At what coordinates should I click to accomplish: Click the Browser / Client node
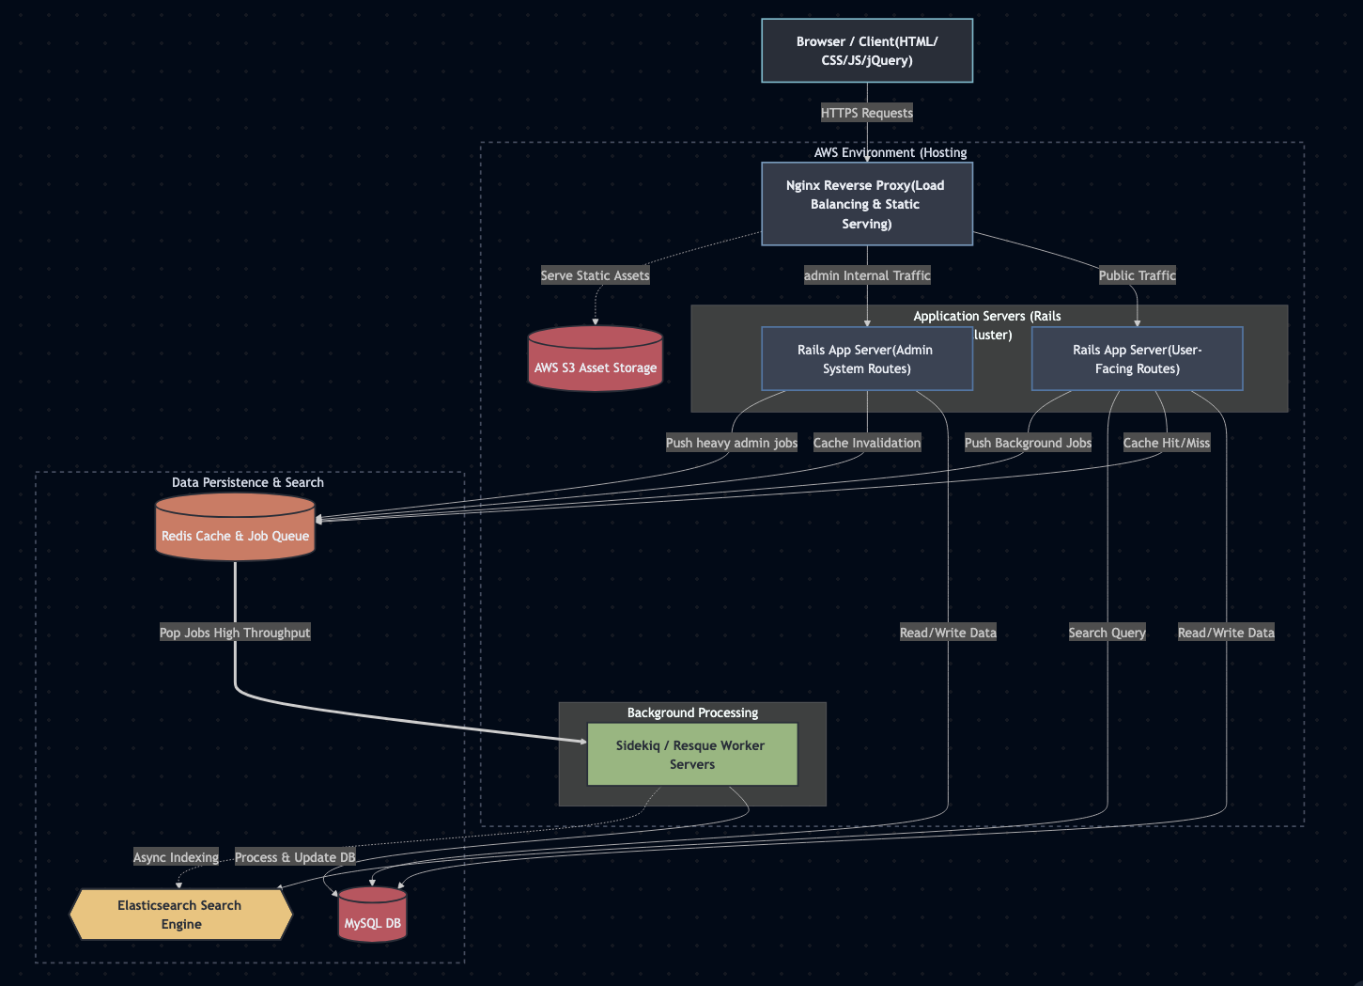pos(866,51)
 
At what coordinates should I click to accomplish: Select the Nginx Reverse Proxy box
pos(866,204)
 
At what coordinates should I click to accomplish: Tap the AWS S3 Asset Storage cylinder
pos(596,361)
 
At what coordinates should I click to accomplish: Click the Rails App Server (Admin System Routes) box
pos(866,359)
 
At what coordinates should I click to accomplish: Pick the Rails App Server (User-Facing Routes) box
pos(1137,359)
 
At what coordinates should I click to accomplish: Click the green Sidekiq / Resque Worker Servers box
pos(691,755)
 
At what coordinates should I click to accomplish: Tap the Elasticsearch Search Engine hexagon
pos(180,915)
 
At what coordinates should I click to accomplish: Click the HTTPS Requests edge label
pos(866,113)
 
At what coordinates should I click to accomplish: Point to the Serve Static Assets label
pos(595,275)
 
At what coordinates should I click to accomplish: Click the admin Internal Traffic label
pos(866,275)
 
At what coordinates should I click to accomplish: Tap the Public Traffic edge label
pos(1137,275)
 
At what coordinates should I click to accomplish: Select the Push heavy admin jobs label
pos(731,443)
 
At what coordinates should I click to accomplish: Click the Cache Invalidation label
pos(866,443)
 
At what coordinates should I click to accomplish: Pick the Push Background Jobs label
pos(1028,443)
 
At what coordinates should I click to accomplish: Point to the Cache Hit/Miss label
pos(1166,443)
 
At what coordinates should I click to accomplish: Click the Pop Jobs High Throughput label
pos(235,633)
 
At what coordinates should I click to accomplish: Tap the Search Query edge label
pos(1107,633)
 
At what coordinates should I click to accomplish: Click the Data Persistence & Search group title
pos(248,482)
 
